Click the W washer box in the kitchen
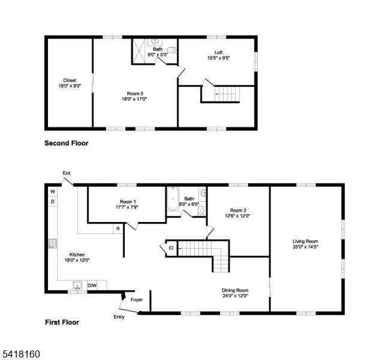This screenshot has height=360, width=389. point(53,191)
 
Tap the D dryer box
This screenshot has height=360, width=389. point(53,202)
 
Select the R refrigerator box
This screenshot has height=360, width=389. point(118,229)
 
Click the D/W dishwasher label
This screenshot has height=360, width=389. point(92,286)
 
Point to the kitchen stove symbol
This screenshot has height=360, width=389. point(53,243)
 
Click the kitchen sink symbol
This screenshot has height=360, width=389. point(78,285)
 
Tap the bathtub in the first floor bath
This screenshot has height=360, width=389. point(173,199)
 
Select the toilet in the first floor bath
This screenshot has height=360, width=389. point(201,211)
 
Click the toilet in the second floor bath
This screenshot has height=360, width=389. point(171,50)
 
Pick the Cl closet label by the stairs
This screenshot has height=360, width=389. point(171,248)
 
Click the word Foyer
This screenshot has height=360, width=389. point(137,299)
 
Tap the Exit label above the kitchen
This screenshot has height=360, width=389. point(67,173)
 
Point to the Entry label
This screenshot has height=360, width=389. point(119,317)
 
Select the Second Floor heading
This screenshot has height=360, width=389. point(67,143)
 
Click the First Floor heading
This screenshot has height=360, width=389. point(62,322)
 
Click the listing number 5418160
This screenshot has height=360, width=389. point(21,354)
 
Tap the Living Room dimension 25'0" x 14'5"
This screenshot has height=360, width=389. point(305,247)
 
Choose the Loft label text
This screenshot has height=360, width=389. point(218,52)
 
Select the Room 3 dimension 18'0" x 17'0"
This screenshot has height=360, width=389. point(134,99)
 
